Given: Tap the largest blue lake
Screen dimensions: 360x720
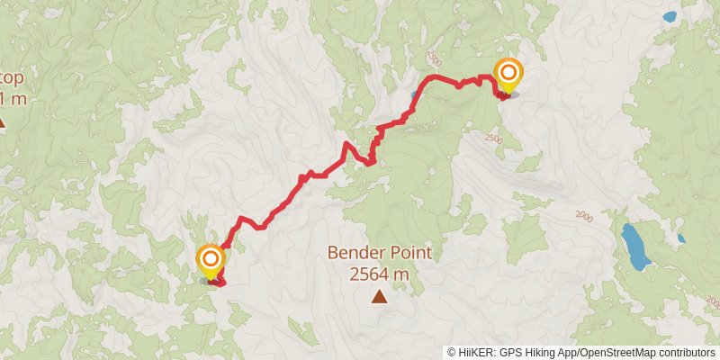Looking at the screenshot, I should point(635,247).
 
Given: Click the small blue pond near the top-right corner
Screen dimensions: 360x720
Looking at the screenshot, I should point(669,16).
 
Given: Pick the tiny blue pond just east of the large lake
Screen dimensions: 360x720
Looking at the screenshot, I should point(681,238).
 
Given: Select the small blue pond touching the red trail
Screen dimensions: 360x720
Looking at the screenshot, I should point(415,95).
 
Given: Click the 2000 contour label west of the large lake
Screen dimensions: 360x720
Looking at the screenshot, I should point(584,216).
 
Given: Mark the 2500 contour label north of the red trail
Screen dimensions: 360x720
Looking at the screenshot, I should point(436,59).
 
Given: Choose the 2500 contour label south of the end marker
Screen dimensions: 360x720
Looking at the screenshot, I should point(492,138).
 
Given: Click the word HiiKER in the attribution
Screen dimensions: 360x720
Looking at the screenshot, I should point(479,353).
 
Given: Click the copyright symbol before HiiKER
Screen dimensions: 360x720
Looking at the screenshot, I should point(452,353).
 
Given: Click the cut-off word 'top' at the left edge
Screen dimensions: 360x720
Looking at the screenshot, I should point(13,75).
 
